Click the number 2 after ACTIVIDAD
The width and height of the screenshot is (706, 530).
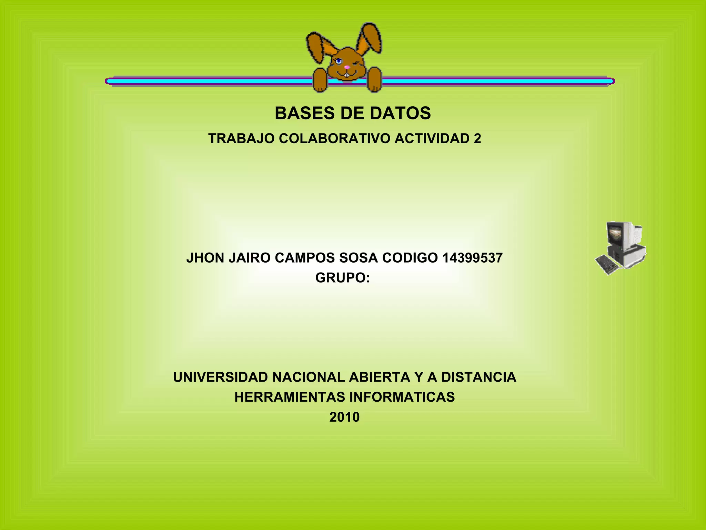tap(477, 138)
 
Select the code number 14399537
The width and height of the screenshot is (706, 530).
tap(472, 258)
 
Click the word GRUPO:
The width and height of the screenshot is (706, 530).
tap(342, 278)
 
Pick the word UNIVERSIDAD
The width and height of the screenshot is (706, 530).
tap(220, 377)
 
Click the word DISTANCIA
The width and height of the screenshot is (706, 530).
tap(478, 377)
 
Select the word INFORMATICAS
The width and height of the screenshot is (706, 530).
tap(402, 397)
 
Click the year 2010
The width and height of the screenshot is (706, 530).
tap(344, 417)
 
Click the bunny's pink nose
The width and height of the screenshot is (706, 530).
tap(347, 67)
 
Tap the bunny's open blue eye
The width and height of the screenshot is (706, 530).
tap(339, 61)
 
